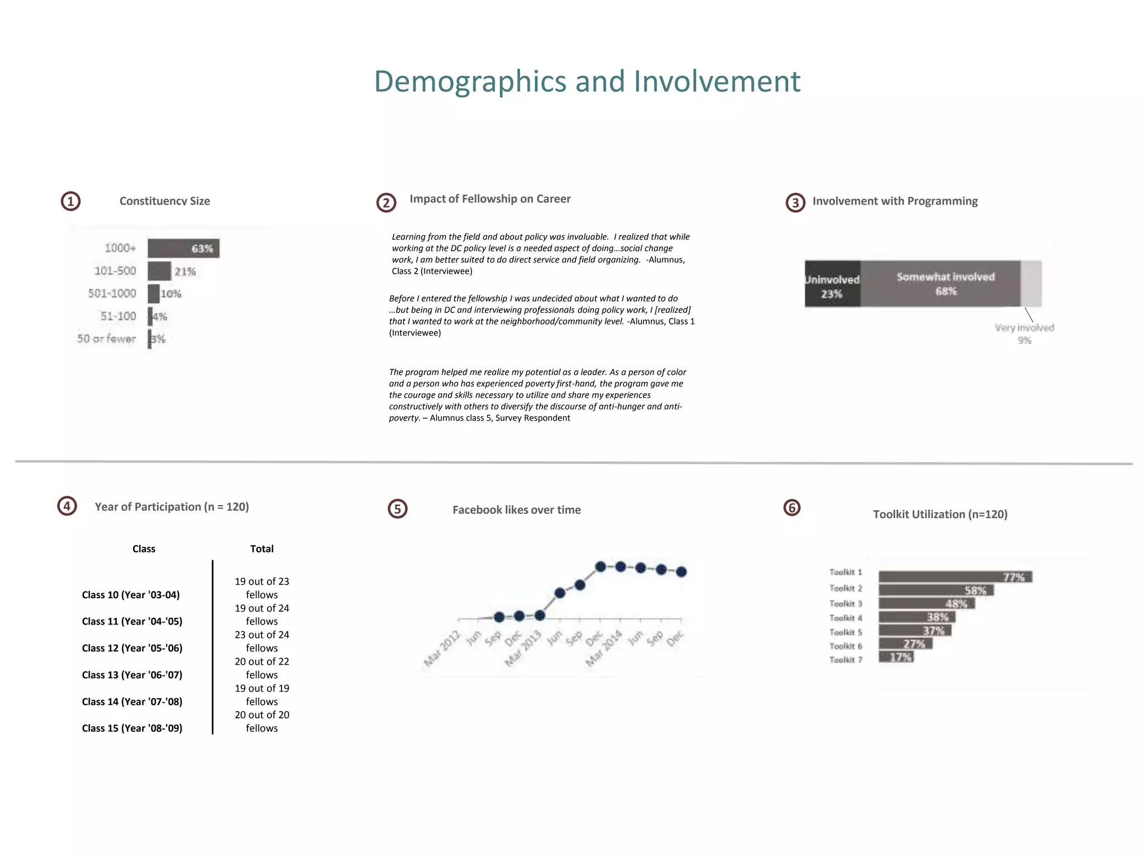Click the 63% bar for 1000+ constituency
point(183,249)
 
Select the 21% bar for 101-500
point(159,271)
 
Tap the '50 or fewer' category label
point(106,339)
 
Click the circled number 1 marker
point(70,201)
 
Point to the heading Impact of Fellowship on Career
point(490,199)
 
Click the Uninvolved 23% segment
point(832,284)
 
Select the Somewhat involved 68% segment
point(945,284)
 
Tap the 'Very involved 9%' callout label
point(1024,333)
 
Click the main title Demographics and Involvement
point(587,82)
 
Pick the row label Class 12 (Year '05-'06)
point(132,648)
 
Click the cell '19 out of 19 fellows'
point(261,695)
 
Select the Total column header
point(261,549)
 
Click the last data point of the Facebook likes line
point(681,572)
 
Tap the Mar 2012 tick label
point(442,648)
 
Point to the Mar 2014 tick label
point(604,648)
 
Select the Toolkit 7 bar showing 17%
point(896,657)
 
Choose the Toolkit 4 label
point(845,618)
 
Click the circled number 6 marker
point(792,508)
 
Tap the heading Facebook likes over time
point(516,510)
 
